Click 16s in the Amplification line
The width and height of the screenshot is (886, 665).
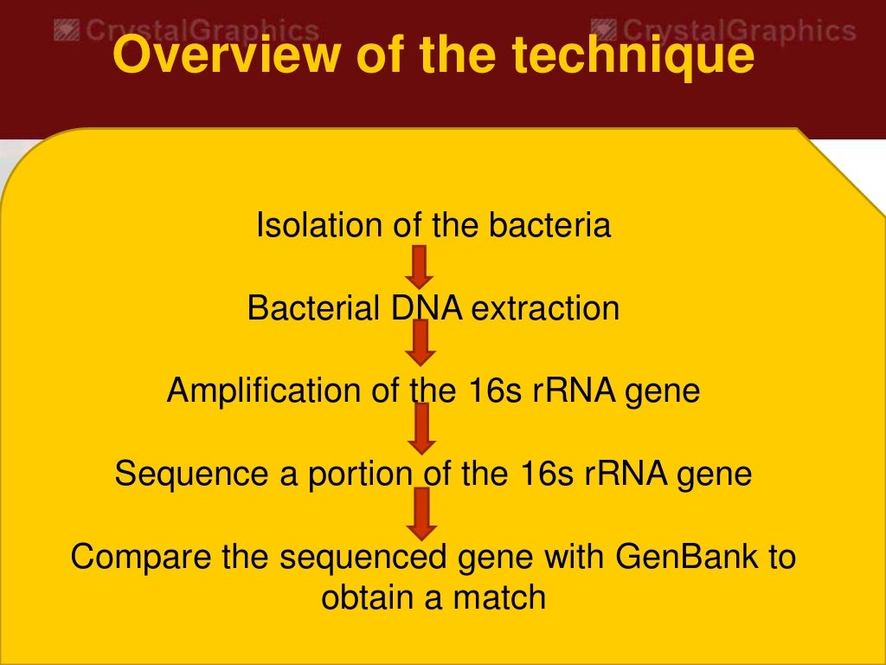pyautogui.click(x=498, y=391)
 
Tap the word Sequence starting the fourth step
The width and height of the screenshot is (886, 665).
pyautogui.click(x=179, y=474)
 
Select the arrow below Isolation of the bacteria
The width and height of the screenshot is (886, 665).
pyautogui.click(x=420, y=267)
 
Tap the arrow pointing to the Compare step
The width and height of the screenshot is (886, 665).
pyautogui.click(x=421, y=513)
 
